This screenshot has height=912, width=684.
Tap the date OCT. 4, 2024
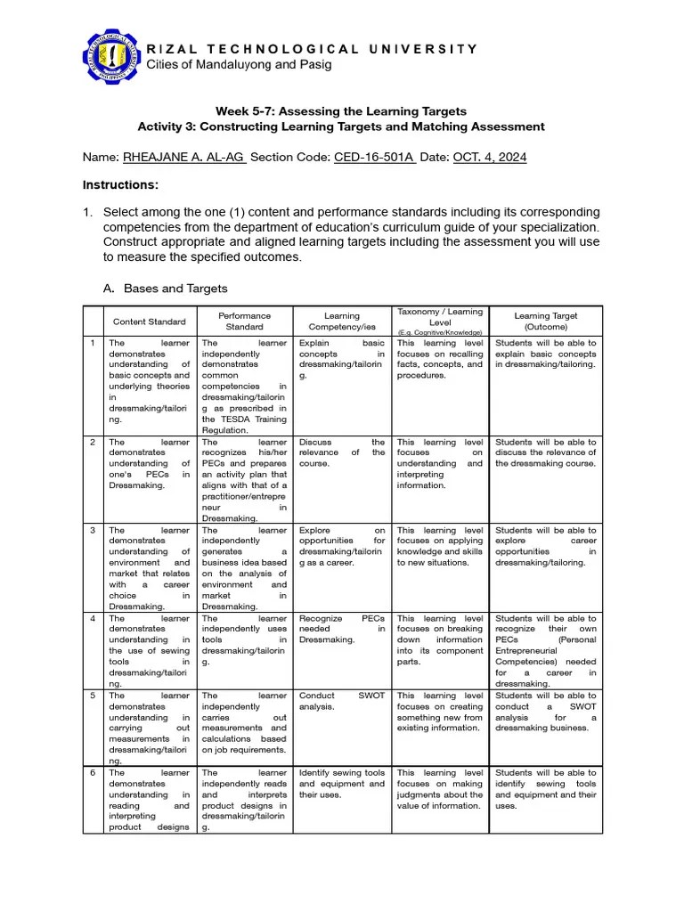[490, 158]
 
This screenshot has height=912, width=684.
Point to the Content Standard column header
[149, 322]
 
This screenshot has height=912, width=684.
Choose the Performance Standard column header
[244, 321]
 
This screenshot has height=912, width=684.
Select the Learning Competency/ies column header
[342, 321]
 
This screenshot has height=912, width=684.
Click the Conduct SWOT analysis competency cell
[342, 702]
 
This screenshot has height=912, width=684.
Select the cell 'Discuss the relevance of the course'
[342, 452]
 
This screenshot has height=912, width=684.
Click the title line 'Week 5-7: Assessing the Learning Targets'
[341, 111]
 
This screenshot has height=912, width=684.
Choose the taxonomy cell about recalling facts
[440, 359]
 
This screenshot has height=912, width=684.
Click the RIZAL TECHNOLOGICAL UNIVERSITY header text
[312, 49]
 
